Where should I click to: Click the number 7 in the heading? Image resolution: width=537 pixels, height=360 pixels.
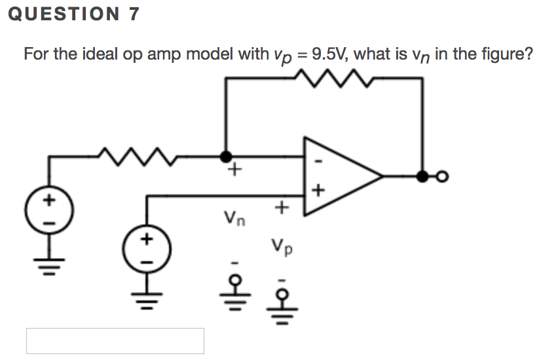tap(134, 14)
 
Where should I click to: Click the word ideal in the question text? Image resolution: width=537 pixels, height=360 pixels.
tap(100, 54)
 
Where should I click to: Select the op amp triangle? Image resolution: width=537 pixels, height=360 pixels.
tap(337, 176)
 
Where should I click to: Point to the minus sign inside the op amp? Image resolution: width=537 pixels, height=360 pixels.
tap(318, 159)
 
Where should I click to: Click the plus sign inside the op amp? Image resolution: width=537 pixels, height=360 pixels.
tap(318, 191)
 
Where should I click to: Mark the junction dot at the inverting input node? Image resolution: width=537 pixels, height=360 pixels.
tap(226, 156)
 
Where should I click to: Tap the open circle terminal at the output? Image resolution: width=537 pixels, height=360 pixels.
tap(443, 176)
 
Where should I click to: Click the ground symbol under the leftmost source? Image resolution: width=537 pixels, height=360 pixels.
tap(49, 264)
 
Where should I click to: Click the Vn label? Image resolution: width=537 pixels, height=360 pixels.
tap(234, 216)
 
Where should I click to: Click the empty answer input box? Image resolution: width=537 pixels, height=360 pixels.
tap(115, 341)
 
